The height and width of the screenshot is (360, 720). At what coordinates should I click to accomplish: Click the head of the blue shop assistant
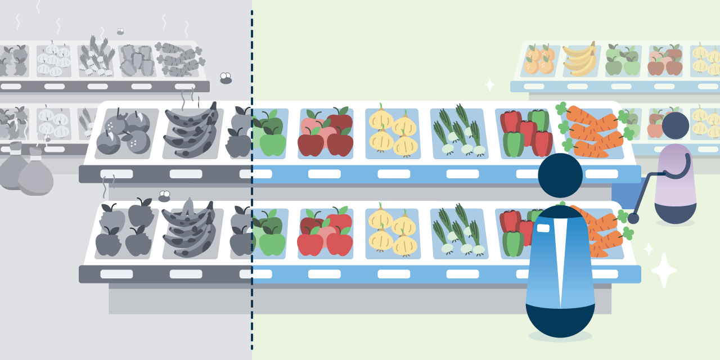560,175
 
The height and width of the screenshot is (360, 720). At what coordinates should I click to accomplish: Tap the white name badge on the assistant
543,228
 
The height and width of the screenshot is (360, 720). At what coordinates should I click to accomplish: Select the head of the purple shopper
675,125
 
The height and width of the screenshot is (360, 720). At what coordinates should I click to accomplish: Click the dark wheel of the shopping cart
633,218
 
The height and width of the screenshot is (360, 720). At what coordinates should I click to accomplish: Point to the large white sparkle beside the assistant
664,271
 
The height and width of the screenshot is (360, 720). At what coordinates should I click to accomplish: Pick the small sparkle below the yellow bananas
490,85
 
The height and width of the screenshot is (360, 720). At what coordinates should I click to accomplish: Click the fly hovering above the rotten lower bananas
164,196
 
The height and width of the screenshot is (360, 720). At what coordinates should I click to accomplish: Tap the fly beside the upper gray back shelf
226,78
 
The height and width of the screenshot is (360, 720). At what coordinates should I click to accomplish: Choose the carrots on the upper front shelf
594,133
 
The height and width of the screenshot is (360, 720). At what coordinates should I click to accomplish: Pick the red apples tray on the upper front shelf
326,133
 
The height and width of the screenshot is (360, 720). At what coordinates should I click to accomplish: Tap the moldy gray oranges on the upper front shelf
124,133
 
